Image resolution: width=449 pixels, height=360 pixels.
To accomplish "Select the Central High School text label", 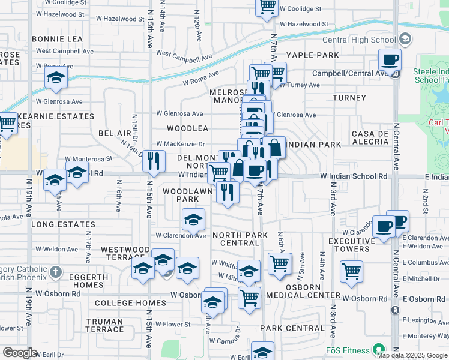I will [359, 40].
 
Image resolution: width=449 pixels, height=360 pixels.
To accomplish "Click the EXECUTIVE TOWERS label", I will [349, 245].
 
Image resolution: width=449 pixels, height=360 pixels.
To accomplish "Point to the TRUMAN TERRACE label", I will [104, 325].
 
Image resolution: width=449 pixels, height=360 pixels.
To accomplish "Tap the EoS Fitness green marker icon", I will [378, 349].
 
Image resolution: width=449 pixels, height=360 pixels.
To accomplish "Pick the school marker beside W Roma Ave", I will [56, 77].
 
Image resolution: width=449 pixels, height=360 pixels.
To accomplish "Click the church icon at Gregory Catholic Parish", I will [55, 271].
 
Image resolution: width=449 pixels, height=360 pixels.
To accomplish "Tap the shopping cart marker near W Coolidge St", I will [267, 7].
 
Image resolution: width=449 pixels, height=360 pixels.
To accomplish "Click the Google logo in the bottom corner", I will [20, 353].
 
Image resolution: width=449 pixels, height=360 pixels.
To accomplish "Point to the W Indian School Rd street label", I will [353, 177].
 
